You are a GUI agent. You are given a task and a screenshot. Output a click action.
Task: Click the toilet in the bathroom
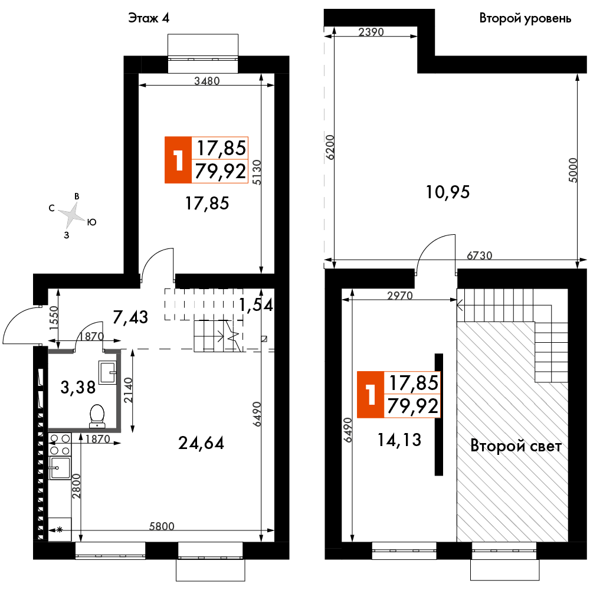pyautogui.click(x=97, y=416)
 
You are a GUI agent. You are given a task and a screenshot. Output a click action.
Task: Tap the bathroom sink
pyautogui.click(x=108, y=372)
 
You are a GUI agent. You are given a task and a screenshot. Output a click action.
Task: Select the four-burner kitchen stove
pyautogui.click(x=60, y=444)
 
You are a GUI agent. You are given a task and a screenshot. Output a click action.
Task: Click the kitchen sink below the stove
pyautogui.click(x=60, y=468)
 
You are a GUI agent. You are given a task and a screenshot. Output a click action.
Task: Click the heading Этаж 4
pyautogui.click(x=149, y=18)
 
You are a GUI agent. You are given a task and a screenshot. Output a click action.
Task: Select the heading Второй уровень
pyautogui.click(x=525, y=18)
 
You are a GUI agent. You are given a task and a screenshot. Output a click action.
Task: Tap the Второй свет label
pyautogui.click(x=516, y=446)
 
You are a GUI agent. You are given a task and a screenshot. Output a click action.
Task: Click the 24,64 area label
pyautogui.click(x=201, y=443)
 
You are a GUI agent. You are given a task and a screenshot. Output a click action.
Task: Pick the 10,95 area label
pyautogui.click(x=448, y=192)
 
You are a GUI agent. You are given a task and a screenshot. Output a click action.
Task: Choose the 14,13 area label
pyautogui.click(x=399, y=440)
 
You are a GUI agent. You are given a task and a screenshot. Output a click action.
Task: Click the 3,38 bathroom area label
pyautogui.click(x=78, y=387)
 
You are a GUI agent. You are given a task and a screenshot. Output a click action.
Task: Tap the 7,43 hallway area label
pyautogui.click(x=130, y=317)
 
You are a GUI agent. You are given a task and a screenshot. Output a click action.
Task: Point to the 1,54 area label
pyautogui.click(x=256, y=304)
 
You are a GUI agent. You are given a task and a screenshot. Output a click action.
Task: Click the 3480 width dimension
pyautogui.click(x=207, y=80)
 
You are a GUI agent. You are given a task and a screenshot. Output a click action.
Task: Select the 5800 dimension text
pyautogui.click(x=162, y=526)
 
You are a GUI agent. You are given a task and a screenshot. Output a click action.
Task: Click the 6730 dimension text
pyautogui.click(x=480, y=255)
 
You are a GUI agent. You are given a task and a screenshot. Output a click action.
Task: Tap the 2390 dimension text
pyautogui.click(x=371, y=32)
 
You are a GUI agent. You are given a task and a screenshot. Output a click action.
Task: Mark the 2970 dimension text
pyautogui.click(x=400, y=296)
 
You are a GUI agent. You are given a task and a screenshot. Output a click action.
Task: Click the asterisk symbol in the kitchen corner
pyautogui.click(x=60, y=530)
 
